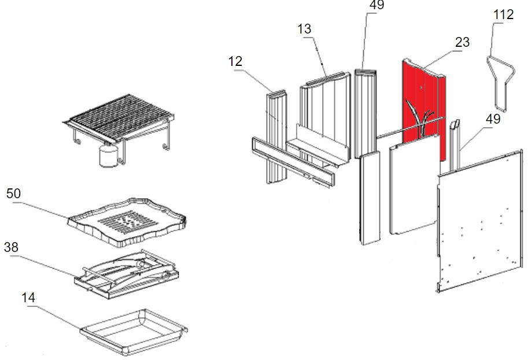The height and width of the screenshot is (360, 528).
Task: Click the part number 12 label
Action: (235, 61)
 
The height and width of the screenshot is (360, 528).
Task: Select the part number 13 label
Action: (305, 28)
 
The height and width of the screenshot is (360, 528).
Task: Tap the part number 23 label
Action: (462, 42)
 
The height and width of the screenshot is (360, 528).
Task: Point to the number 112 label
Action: (503, 14)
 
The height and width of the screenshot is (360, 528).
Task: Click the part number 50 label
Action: (13, 193)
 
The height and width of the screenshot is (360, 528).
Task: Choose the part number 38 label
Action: (12, 247)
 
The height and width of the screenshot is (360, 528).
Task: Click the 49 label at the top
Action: (376, 6)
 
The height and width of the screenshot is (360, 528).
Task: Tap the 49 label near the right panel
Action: (493, 120)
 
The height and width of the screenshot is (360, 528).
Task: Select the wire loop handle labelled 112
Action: (499, 81)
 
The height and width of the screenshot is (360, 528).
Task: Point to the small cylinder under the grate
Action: (107, 156)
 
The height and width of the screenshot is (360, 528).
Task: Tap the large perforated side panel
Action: (480, 220)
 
